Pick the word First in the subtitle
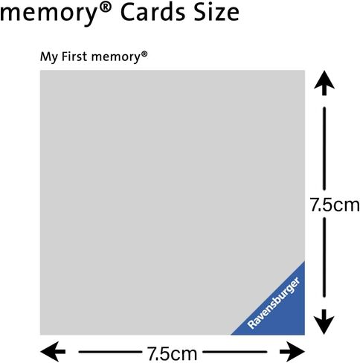(x=74, y=57)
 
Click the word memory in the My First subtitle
(x=116, y=57)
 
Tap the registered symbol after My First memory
(x=144, y=54)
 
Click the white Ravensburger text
(x=274, y=303)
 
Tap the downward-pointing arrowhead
(x=324, y=322)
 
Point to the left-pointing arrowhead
(x=53, y=352)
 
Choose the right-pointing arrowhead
(x=292, y=352)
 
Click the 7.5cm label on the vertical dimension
(x=335, y=205)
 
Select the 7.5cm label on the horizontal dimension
(x=173, y=353)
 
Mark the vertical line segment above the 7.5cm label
(x=324, y=149)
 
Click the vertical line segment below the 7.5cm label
(x=324, y=257)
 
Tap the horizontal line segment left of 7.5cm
(x=109, y=352)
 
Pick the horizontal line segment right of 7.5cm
(x=235, y=352)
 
